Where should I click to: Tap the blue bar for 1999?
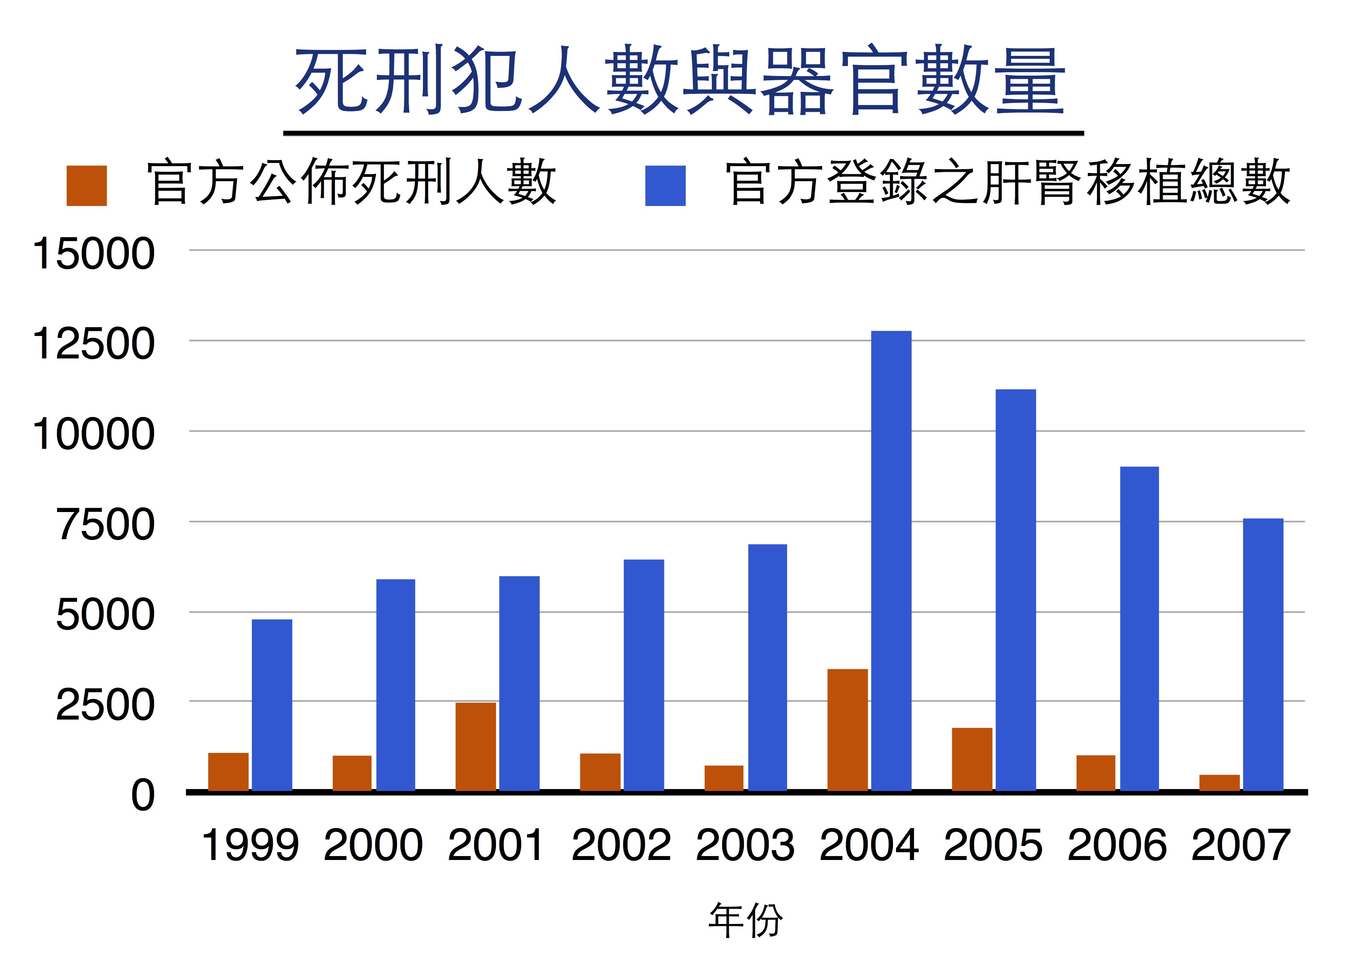tap(272, 704)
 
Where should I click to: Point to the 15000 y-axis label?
tap(94, 254)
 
